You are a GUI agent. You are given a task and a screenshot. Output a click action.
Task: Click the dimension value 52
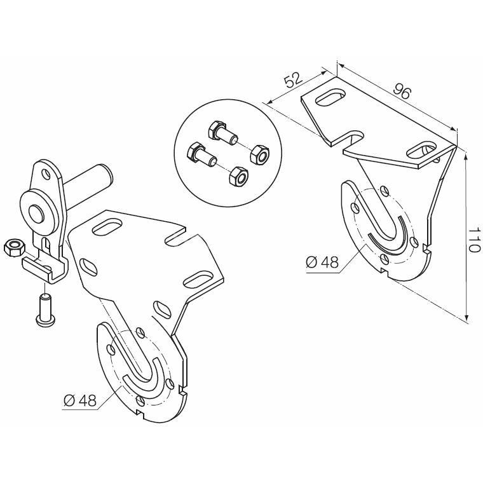[x=293, y=81]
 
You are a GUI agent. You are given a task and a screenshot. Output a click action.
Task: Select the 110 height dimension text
[x=474, y=240]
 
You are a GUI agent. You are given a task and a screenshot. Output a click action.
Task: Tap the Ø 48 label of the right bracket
[x=322, y=262]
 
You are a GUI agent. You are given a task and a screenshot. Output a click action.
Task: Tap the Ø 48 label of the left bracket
[x=80, y=400]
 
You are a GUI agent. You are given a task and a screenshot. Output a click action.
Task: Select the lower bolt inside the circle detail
[x=201, y=154]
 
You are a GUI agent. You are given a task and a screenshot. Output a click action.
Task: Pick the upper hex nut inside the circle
[x=260, y=155]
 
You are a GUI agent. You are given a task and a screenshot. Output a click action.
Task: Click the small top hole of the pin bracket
[x=46, y=174]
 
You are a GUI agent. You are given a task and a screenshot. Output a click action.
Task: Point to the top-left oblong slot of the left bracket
[x=107, y=228]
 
